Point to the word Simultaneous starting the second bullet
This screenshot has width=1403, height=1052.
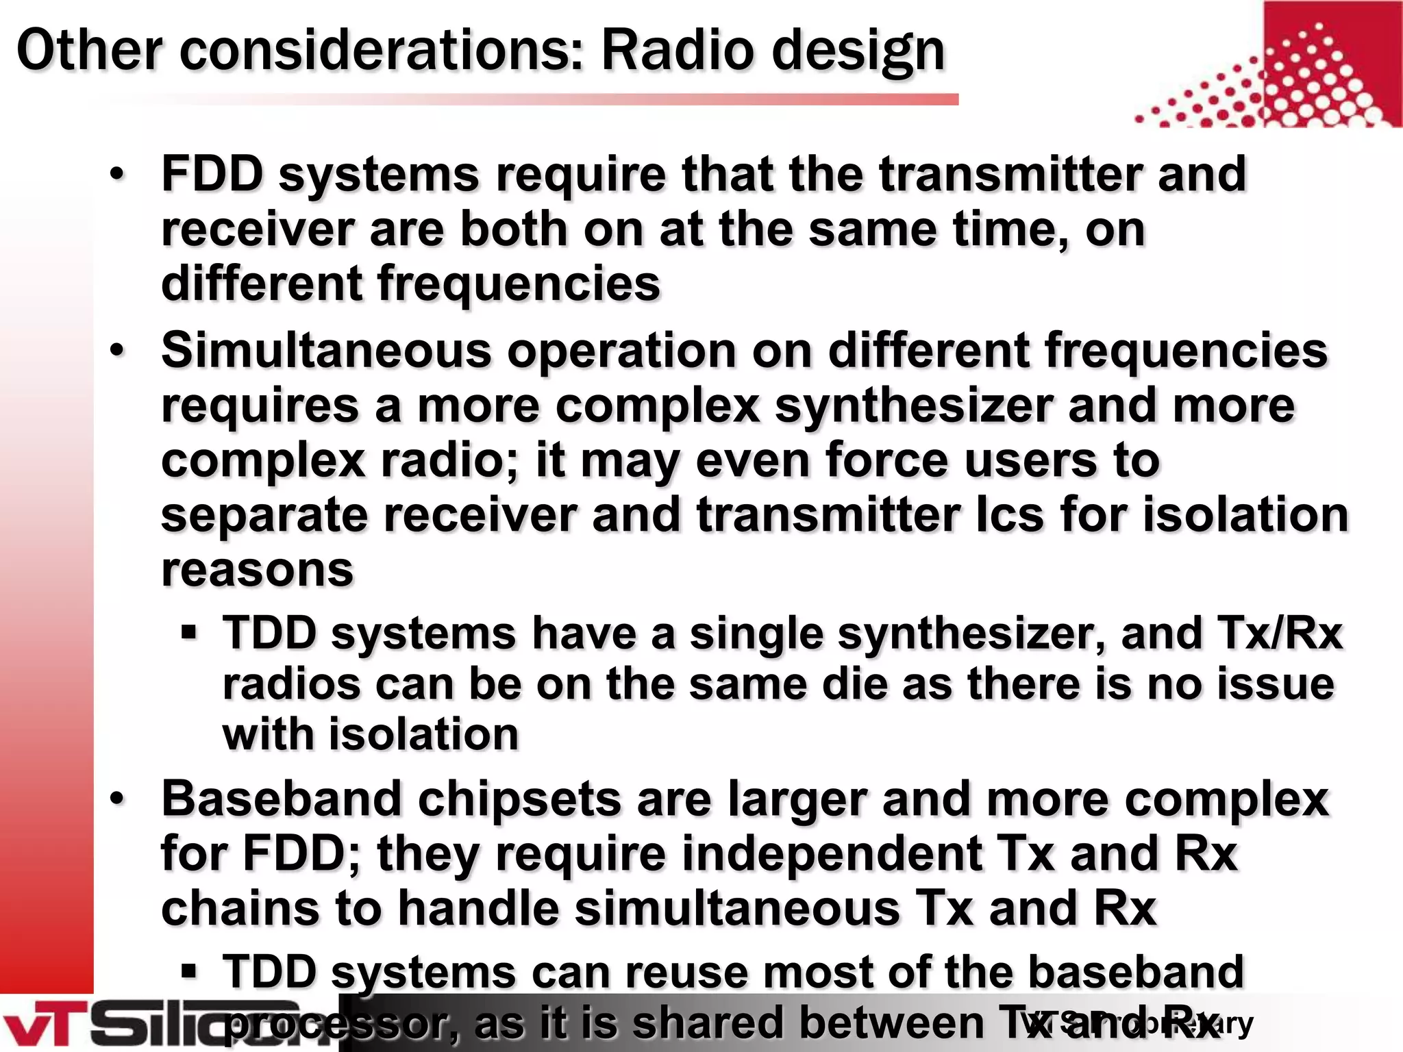[326, 350]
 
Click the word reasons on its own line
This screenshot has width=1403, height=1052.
[257, 569]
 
